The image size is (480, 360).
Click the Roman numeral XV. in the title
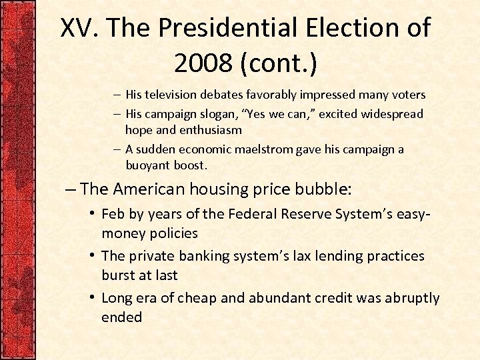point(79,29)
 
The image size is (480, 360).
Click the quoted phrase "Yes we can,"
point(292,114)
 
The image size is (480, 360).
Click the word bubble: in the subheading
point(325,189)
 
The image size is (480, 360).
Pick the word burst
point(117,275)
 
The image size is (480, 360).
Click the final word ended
point(121,317)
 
